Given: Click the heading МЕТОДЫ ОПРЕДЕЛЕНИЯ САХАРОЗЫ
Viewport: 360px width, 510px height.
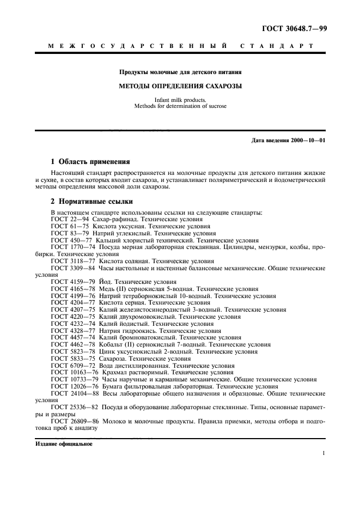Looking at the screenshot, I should click(x=180, y=86).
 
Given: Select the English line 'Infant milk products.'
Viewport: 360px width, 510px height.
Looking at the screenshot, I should click(x=180, y=100).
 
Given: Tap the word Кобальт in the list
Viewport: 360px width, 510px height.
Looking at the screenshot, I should click(x=113, y=345).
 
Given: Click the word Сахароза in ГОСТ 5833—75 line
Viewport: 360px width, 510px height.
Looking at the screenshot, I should click(x=113, y=359).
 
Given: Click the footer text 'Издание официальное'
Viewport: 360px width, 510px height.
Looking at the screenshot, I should click(x=64, y=444).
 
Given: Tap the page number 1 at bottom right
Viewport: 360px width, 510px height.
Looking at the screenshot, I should click(x=324, y=453).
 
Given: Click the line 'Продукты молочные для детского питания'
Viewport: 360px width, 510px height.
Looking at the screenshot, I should click(x=180, y=72).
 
